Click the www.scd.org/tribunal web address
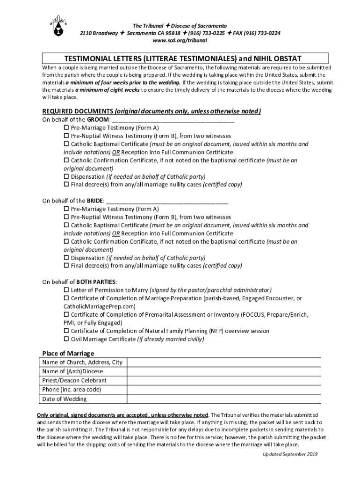click(180, 40)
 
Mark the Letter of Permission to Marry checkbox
click(66, 290)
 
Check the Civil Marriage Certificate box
click(66, 339)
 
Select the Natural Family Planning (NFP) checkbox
click(66, 331)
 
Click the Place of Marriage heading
click(68, 353)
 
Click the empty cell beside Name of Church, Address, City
click(224, 362)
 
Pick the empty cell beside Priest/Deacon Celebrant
click(224, 380)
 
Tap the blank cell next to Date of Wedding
click(224, 399)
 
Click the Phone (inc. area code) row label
click(72, 390)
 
